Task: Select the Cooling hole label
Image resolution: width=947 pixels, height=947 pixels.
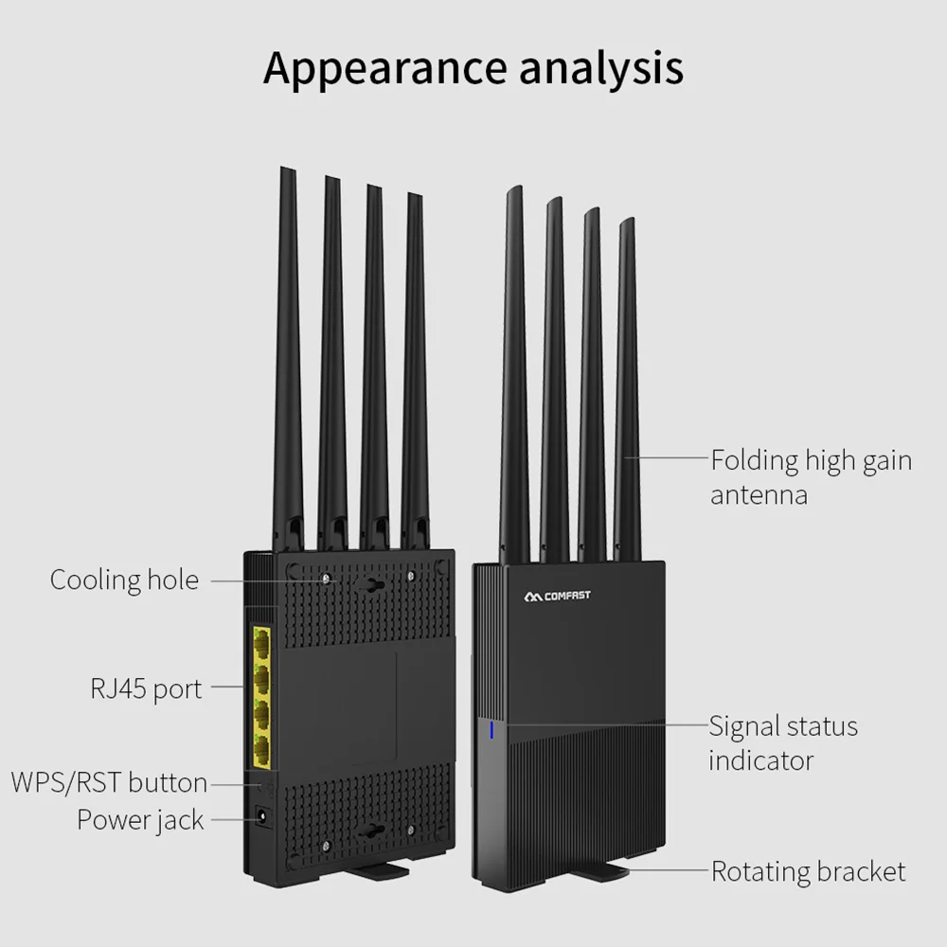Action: (x=124, y=580)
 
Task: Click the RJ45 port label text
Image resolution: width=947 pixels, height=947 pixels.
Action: (x=146, y=688)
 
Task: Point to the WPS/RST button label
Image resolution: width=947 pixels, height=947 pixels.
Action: (x=109, y=782)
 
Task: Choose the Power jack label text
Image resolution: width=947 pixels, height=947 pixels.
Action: (x=140, y=819)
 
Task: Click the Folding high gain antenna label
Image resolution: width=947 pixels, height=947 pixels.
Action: (x=811, y=477)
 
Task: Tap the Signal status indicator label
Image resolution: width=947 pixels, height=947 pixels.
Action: (x=783, y=742)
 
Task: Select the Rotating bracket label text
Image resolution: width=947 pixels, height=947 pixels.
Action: (x=808, y=871)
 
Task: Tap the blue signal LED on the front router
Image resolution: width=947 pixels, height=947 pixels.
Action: (x=491, y=731)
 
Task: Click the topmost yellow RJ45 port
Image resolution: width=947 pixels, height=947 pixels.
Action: (x=260, y=644)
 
